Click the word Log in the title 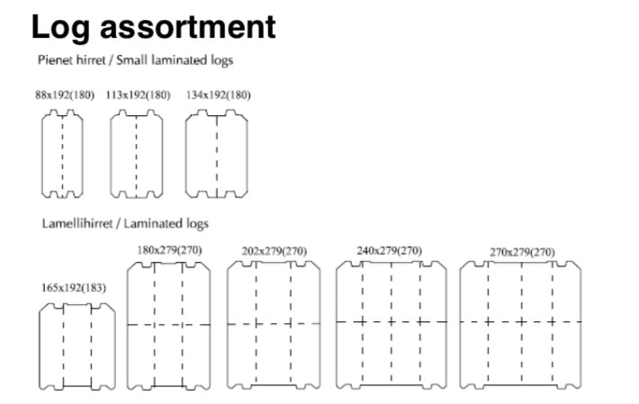point(60,28)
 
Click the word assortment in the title point(188,27)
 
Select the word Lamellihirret point(77,223)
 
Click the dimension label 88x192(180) point(65,94)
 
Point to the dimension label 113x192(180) point(138,94)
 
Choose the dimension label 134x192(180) point(219,94)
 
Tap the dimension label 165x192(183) point(74,288)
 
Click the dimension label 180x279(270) point(169,250)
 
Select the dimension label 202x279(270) point(274,251)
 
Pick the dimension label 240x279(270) point(390,251)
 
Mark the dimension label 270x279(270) point(522,253)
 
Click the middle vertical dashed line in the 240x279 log point(391,322)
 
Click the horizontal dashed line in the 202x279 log point(274,324)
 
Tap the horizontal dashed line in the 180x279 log point(168,325)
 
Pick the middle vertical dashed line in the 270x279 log point(522,322)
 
